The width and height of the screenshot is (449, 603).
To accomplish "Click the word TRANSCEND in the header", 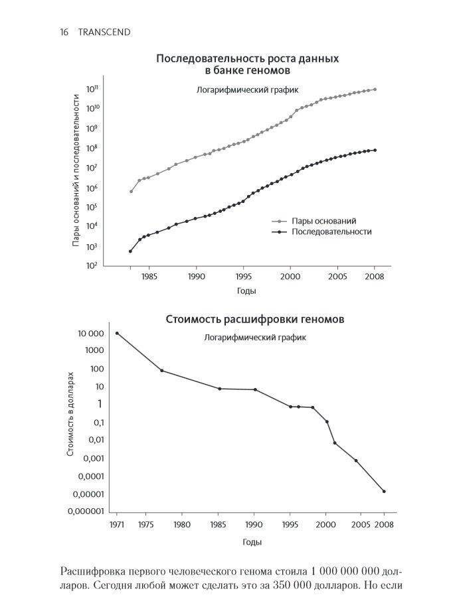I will click(102, 31).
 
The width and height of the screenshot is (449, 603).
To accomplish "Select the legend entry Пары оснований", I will click(324, 220).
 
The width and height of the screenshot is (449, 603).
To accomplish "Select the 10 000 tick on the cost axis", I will click(92, 333).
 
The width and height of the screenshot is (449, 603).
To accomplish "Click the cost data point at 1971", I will click(118, 333).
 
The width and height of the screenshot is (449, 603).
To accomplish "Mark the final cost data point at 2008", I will click(384, 492).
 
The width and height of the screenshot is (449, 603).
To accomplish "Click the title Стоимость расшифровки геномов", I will click(254, 320).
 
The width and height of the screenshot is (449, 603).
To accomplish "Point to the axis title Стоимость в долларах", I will click(71, 414).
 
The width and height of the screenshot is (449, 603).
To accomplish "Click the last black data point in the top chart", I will click(375, 150).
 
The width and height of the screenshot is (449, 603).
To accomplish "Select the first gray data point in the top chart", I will click(131, 191).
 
